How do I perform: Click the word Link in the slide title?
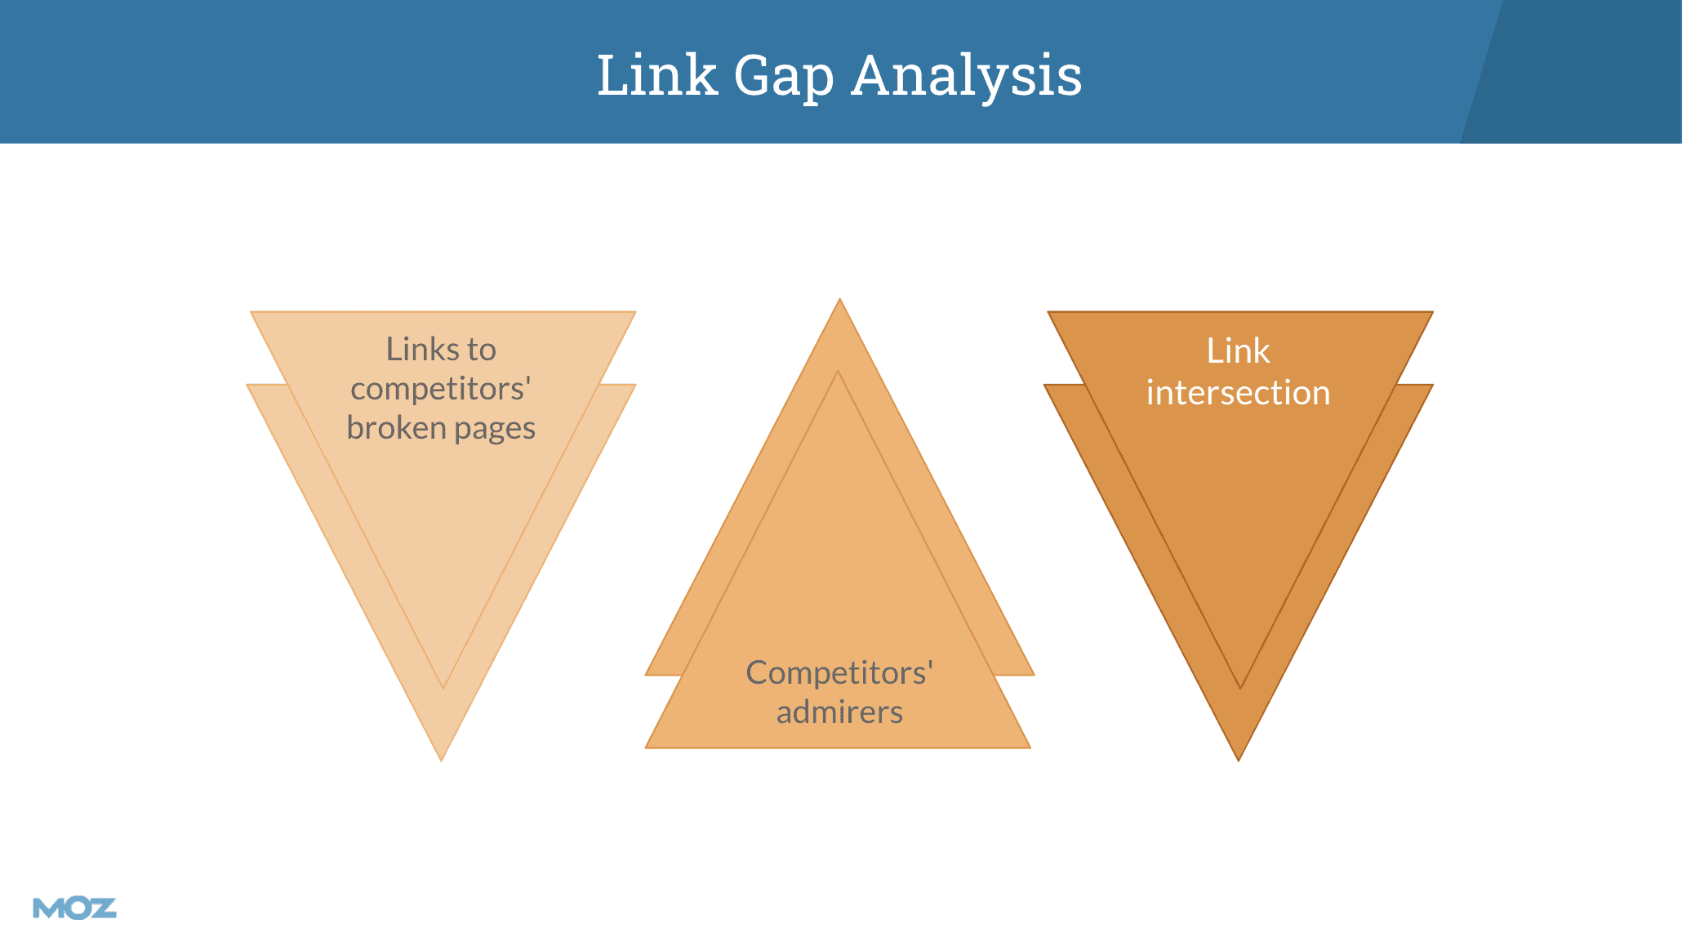(x=656, y=75)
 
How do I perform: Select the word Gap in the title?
(x=784, y=77)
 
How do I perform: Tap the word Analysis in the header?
(x=967, y=77)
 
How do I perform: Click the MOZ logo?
(x=74, y=908)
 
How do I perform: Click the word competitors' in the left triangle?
(x=441, y=389)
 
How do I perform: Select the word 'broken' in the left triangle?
(x=396, y=427)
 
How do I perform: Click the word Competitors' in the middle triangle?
(x=839, y=673)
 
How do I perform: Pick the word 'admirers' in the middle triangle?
(x=839, y=712)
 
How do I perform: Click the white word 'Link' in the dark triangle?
(x=1238, y=351)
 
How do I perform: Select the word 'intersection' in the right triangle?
(x=1238, y=393)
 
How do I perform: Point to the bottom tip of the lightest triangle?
(x=442, y=759)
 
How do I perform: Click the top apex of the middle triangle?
(x=839, y=301)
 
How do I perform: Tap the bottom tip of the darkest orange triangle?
(x=1239, y=759)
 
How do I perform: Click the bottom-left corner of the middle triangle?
(x=647, y=747)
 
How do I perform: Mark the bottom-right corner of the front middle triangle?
(x=1028, y=747)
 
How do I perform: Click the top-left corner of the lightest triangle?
(x=252, y=313)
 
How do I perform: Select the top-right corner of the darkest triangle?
(x=1431, y=313)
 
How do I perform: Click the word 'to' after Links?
(x=482, y=350)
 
